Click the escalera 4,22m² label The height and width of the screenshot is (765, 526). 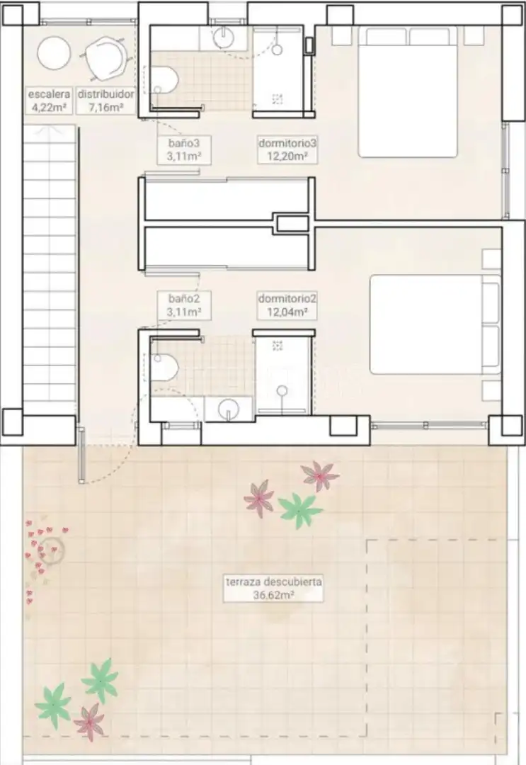(49, 101)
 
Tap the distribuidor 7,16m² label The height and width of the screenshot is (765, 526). (105, 101)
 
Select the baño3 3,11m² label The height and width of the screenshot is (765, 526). (184, 149)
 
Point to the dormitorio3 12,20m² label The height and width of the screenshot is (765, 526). (287, 149)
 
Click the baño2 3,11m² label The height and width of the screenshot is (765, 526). (184, 305)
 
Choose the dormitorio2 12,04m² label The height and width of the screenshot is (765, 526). (287, 305)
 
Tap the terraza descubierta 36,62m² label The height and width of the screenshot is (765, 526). (273, 589)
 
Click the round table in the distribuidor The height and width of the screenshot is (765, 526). (54, 53)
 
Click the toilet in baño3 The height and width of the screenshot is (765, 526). (164, 81)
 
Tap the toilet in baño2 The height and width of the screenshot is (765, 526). (164, 368)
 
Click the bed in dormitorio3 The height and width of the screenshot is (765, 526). (408, 92)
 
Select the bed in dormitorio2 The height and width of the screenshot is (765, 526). (435, 325)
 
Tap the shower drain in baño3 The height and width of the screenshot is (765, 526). (278, 99)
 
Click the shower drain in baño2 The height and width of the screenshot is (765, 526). (278, 346)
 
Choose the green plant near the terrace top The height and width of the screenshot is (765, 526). (299, 510)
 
